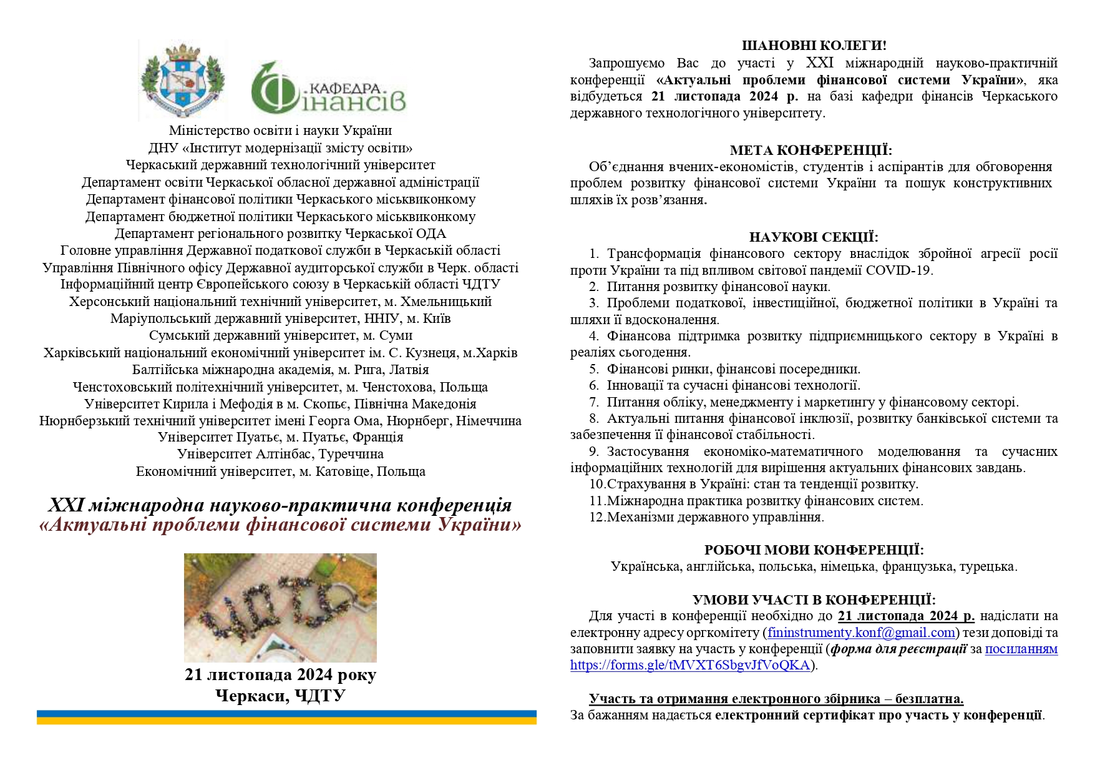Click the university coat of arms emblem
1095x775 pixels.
(182, 81)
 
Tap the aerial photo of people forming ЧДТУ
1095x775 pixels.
(280, 607)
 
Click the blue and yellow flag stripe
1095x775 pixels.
(286, 717)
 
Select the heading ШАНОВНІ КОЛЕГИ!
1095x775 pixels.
(814, 46)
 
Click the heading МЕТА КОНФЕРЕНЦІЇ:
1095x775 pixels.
(811, 151)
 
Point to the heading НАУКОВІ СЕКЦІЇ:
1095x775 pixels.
(814, 237)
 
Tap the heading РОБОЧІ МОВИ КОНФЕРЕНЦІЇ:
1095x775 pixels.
(814, 550)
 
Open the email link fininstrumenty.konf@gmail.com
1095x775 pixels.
(861, 633)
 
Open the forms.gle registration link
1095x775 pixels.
(689, 665)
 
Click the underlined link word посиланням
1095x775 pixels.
(1021, 649)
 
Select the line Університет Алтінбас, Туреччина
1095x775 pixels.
(280, 454)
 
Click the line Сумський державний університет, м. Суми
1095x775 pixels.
(280, 335)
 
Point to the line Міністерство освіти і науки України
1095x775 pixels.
(280, 131)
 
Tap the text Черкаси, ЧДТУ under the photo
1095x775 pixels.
(280, 696)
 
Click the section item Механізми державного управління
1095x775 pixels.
(715, 517)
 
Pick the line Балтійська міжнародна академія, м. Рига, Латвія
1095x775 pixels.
(280, 370)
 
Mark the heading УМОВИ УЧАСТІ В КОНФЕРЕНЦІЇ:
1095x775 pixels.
(814, 600)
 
